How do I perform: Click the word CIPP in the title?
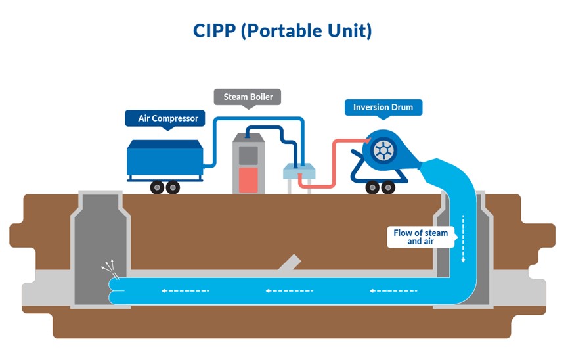click(x=214, y=31)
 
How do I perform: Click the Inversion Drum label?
click(x=383, y=107)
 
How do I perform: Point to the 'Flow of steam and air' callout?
click(x=420, y=237)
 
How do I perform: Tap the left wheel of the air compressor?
click(x=156, y=187)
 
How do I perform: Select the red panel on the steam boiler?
click(x=248, y=179)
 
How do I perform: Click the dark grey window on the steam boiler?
click(x=248, y=154)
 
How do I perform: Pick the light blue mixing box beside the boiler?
click(x=299, y=172)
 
